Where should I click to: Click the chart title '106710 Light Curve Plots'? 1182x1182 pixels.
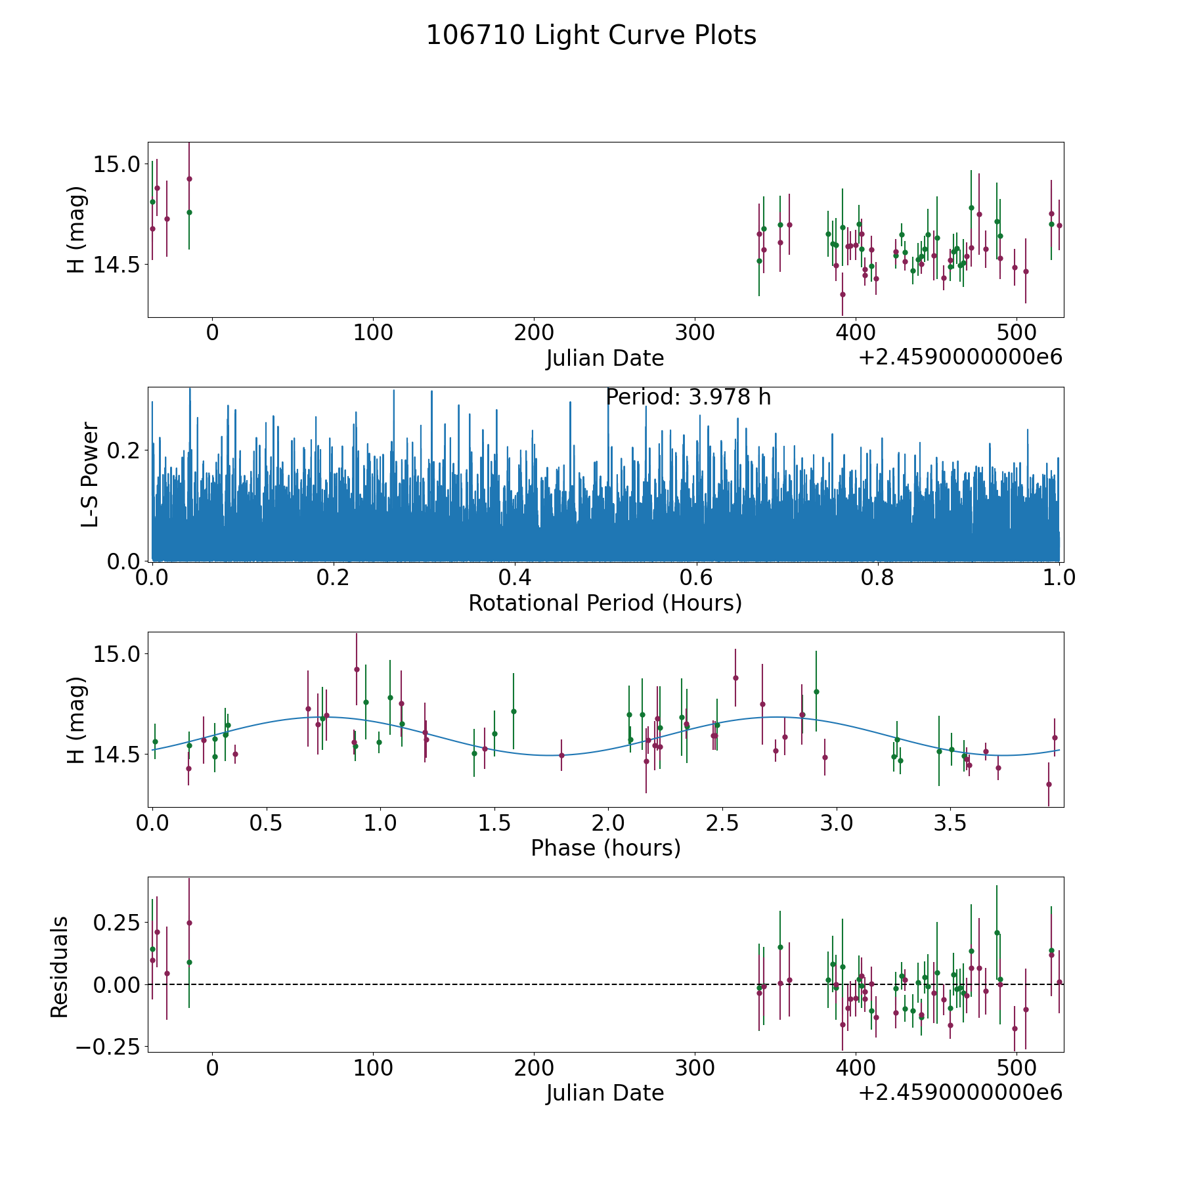click(x=591, y=35)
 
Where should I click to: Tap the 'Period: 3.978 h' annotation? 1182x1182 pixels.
click(x=688, y=397)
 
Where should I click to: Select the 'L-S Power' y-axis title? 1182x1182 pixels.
click(x=90, y=474)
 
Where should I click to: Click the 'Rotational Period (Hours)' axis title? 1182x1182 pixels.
click(x=605, y=603)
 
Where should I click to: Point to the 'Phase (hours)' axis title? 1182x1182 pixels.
click(x=605, y=848)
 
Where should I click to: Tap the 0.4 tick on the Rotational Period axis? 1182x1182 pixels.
click(x=515, y=578)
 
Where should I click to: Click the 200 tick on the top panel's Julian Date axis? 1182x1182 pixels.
click(x=534, y=333)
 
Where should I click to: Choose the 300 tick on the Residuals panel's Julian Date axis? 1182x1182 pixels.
click(x=695, y=1068)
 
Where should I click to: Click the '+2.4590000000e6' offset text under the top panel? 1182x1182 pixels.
click(x=960, y=358)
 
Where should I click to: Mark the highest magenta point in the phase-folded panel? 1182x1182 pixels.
click(x=357, y=669)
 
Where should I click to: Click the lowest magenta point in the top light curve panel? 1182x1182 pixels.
click(x=843, y=294)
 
